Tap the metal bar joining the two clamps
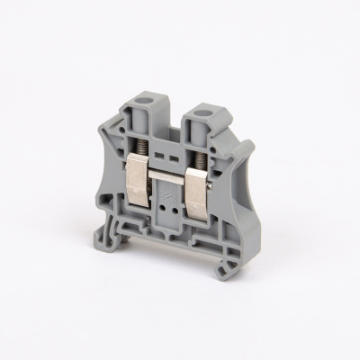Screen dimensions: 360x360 click(171, 175)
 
